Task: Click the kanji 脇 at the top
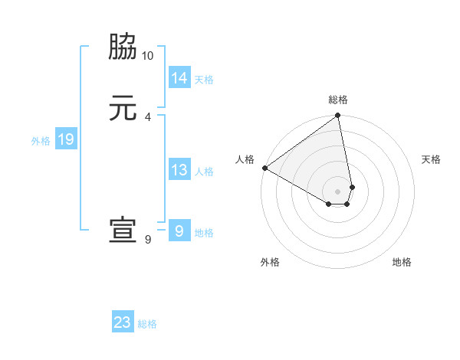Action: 123,47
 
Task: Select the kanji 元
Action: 123,108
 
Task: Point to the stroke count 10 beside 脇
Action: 148,56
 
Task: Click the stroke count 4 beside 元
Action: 148,116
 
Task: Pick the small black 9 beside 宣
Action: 148,239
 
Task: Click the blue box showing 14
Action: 179,77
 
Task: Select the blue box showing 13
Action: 179,170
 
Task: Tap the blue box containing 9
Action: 179,231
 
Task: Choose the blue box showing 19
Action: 65,139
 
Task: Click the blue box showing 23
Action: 123,322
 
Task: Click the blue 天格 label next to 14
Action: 204,79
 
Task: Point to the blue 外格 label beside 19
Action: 41,141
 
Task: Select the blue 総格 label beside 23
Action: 147,324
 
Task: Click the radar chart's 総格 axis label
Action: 338,100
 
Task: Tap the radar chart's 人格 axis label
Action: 245,159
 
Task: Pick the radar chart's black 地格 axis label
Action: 402,263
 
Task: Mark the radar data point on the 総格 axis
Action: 338,116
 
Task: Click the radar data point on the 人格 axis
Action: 264,168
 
